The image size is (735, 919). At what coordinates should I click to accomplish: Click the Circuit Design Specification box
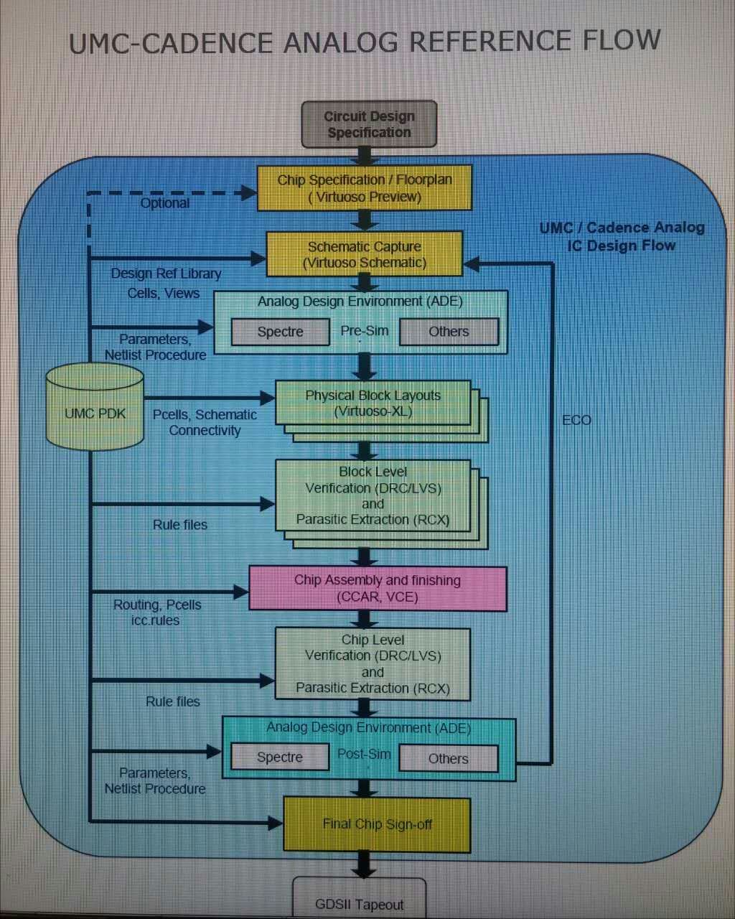pyautogui.click(x=369, y=124)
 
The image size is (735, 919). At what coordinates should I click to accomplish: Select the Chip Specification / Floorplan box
pyautogui.click(x=365, y=188)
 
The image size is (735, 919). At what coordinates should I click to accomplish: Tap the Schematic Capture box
pyautogui.click(x=365, y=254)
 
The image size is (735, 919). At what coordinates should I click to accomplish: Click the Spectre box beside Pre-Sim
pyautogui.click(x=280, y=332)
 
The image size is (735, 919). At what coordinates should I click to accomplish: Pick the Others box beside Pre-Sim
pyautogui.click(x=449, y=332)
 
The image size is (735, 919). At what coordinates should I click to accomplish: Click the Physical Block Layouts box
pyautogui.click(x=373, y=403)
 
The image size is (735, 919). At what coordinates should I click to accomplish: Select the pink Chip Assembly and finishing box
pyautogui.click(x=378, y=589)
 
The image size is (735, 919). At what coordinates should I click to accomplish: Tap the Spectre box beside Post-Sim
pyautogui.click(x=279, y=757)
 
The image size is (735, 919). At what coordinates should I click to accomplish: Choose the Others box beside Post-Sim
pyautogui.click(x=448, y=759)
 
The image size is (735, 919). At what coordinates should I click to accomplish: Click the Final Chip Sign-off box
pyautogui.click(x=377, y=824)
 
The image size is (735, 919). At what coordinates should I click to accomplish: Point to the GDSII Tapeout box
pyautogui.click(x=360, y=903)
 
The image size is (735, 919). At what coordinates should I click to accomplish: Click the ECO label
pyautogui.click(x=576, y=420)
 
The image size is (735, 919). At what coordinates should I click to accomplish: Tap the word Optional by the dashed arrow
pyautogui.click(x=165, y=203)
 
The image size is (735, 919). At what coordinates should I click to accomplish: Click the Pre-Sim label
pyautogui.click(x=365, y=331)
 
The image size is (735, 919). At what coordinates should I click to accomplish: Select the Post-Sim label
pyautogui.click(x=364, y=754)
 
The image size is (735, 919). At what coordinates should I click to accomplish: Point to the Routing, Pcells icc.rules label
pyautogui.click(x=156, y=612)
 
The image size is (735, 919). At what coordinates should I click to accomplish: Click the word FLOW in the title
pyautogui.click(x=622, y=41)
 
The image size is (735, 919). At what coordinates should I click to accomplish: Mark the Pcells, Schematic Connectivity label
pyautogui.click(x=205, y=423)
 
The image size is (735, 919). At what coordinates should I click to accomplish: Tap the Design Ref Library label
pyautogui.click(x=166, y=274)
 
